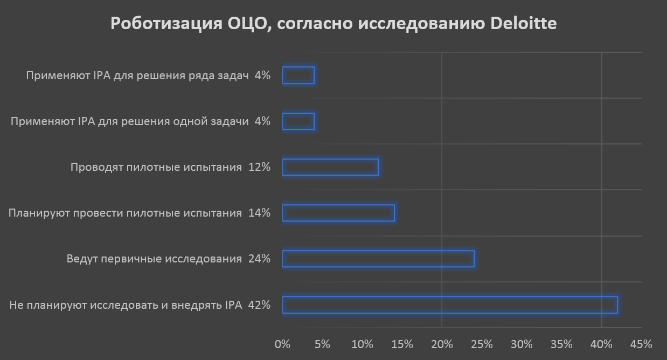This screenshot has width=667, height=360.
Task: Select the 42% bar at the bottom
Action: [449, 305]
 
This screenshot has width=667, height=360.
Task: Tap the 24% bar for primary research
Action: [378, 259]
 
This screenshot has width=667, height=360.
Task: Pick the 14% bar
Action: [338, 213]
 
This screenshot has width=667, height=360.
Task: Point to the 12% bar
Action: [330, 168]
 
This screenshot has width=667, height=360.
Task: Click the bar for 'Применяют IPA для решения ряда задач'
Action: [298, 75]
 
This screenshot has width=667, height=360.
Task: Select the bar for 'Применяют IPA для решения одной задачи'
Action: [298, 122]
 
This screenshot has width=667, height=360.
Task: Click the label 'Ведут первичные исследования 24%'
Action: [168, 259]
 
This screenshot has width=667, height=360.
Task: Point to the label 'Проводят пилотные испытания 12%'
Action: [170, 168]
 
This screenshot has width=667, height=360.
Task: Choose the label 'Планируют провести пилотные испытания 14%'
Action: [139, 213]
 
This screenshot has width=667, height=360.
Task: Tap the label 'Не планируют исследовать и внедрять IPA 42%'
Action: [140, 306]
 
